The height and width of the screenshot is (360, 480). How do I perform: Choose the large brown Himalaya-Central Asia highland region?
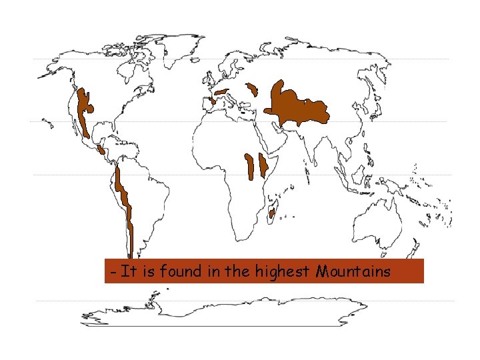pos(297,107)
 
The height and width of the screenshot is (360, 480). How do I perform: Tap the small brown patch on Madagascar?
pos(272,213)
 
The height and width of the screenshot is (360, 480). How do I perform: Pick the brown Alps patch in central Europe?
pos(222,91)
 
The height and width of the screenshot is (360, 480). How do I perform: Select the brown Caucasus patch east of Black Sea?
pos(253,89)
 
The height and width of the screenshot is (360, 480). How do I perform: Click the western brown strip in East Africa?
pos(249,167)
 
